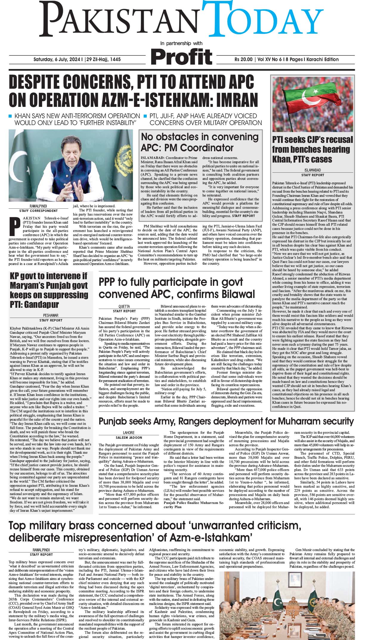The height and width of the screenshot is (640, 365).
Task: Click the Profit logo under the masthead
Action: (x=182, y=56)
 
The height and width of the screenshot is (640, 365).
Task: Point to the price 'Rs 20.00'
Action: (x=243, y=59)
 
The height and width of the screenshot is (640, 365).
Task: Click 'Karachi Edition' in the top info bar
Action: (x=322, y=59)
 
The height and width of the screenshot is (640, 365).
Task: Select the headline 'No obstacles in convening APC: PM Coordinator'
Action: (x=199, y=142)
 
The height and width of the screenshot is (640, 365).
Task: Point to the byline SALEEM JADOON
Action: (x=129, y=437)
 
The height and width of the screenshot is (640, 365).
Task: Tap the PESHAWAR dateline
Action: (x=51, y=315)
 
